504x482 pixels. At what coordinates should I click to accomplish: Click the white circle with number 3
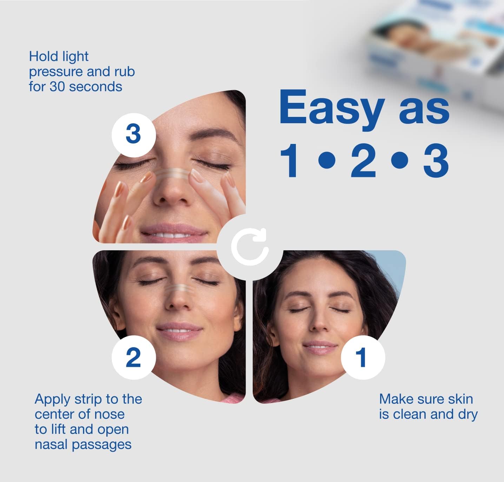pos(133,135)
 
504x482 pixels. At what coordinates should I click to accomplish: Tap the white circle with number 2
pos(133,357)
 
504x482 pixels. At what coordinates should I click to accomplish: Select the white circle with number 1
pos(363,357)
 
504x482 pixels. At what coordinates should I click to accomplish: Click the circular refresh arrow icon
pos(250,247)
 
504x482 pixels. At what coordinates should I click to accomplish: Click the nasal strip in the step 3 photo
pos(172,174)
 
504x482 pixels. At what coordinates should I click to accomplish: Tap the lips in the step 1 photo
pos(320,347)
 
